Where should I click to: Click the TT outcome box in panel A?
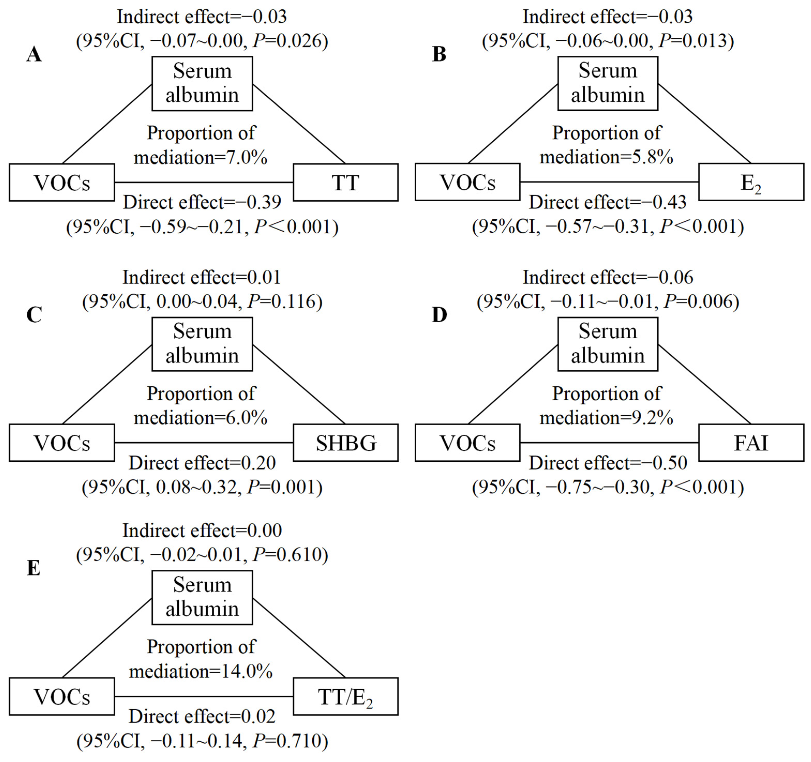(346, 182)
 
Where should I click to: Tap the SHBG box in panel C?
(346, 443)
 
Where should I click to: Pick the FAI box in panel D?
(751, 443)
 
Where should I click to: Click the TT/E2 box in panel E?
(346, 697)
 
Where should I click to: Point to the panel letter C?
(34, 315)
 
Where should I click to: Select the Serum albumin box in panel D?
(607, 344)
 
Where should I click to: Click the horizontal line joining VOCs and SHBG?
(204, 442)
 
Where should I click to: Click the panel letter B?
(439, 54)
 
